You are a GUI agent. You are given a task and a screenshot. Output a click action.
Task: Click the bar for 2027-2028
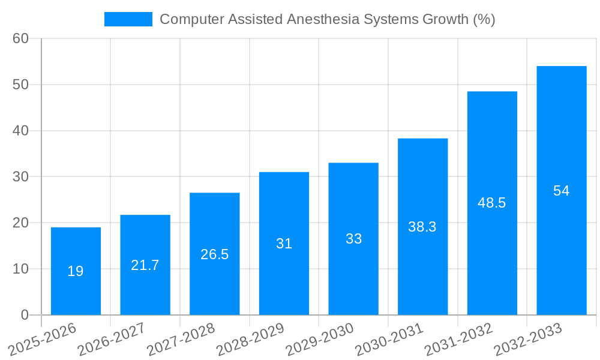[214, 254]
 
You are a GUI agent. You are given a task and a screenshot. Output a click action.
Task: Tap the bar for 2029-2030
[353, 239]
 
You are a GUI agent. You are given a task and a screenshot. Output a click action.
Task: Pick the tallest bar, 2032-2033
[561, 190]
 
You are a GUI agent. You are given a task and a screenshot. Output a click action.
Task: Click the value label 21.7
[145, 265]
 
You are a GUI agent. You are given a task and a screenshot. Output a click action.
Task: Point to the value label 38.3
[422, 227]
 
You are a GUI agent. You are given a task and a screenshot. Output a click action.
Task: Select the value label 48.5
[492, 203]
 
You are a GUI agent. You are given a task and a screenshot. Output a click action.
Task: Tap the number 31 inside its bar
[284, 244]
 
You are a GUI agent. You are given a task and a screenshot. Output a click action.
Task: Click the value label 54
[561, 191]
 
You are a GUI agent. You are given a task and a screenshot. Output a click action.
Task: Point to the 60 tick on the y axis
[20, 38]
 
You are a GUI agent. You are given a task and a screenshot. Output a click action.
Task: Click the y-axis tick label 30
[20, 177]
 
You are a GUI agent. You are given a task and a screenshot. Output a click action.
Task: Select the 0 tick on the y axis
[25, 315]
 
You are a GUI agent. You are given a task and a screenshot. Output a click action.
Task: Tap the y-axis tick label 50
[20, 85]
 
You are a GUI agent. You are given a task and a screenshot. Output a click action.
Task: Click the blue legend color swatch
[128, 19]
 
